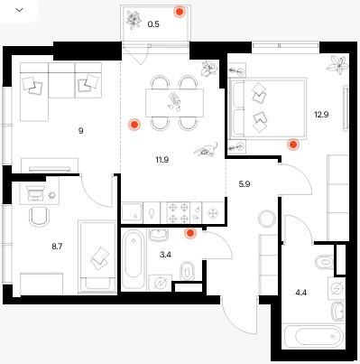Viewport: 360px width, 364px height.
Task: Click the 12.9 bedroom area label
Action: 321,115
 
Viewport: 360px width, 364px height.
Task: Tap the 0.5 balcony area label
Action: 153,24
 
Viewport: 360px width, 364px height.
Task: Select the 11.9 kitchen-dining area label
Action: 162,160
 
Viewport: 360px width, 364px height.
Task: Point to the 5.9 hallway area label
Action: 245,184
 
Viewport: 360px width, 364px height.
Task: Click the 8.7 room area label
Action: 57,247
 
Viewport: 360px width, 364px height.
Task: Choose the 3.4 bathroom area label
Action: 165,255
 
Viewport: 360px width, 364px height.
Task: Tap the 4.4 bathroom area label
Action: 301,293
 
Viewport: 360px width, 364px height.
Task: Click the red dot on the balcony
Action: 180,12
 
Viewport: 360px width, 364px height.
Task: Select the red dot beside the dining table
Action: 134,125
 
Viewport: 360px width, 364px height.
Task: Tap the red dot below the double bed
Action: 293,145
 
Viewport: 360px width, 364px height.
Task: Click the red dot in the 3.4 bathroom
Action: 190,233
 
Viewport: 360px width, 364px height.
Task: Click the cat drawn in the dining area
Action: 207,149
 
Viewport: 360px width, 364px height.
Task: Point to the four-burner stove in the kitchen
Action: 179,213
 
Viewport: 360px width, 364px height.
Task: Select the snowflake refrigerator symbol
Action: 213,213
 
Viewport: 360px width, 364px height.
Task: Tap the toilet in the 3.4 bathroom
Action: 187,271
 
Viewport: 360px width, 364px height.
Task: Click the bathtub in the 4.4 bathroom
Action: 313,336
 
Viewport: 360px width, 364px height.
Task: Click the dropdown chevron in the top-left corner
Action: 19,10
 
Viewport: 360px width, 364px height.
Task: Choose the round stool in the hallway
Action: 267,219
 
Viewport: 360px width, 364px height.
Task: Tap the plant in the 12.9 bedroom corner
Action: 338,64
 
